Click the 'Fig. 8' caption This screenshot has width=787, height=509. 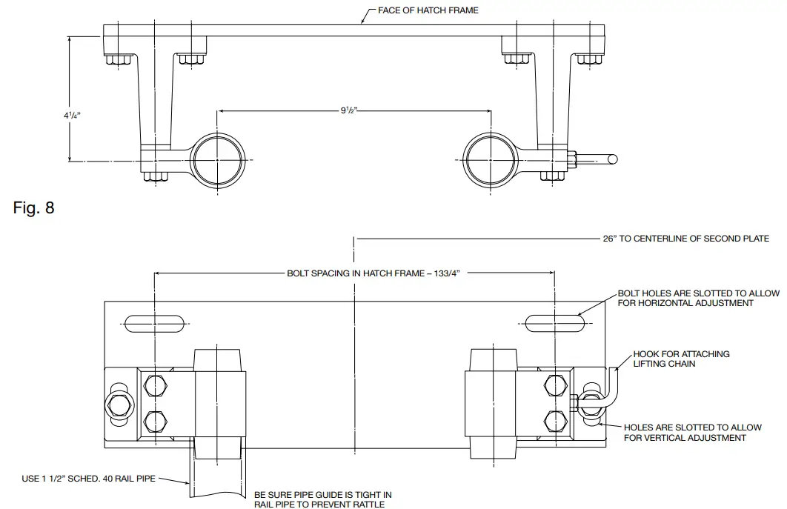[34, 207]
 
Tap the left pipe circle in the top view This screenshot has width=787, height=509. [218, 159]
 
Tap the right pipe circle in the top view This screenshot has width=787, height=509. [489, 159]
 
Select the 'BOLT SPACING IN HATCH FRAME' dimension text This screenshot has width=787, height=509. [373, 273]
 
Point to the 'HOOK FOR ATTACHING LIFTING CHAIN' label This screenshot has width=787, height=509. [681, 359]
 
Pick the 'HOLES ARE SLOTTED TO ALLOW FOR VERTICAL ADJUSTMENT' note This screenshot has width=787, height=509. [692, 433]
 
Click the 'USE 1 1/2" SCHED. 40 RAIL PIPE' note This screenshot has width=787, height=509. [88, 479]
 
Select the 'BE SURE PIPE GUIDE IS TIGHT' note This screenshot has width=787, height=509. [323, 499]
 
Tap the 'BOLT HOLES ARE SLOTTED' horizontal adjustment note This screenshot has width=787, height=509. [698, 298]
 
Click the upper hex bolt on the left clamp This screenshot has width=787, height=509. [156, 385]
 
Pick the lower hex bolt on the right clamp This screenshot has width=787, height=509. [554, 419]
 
